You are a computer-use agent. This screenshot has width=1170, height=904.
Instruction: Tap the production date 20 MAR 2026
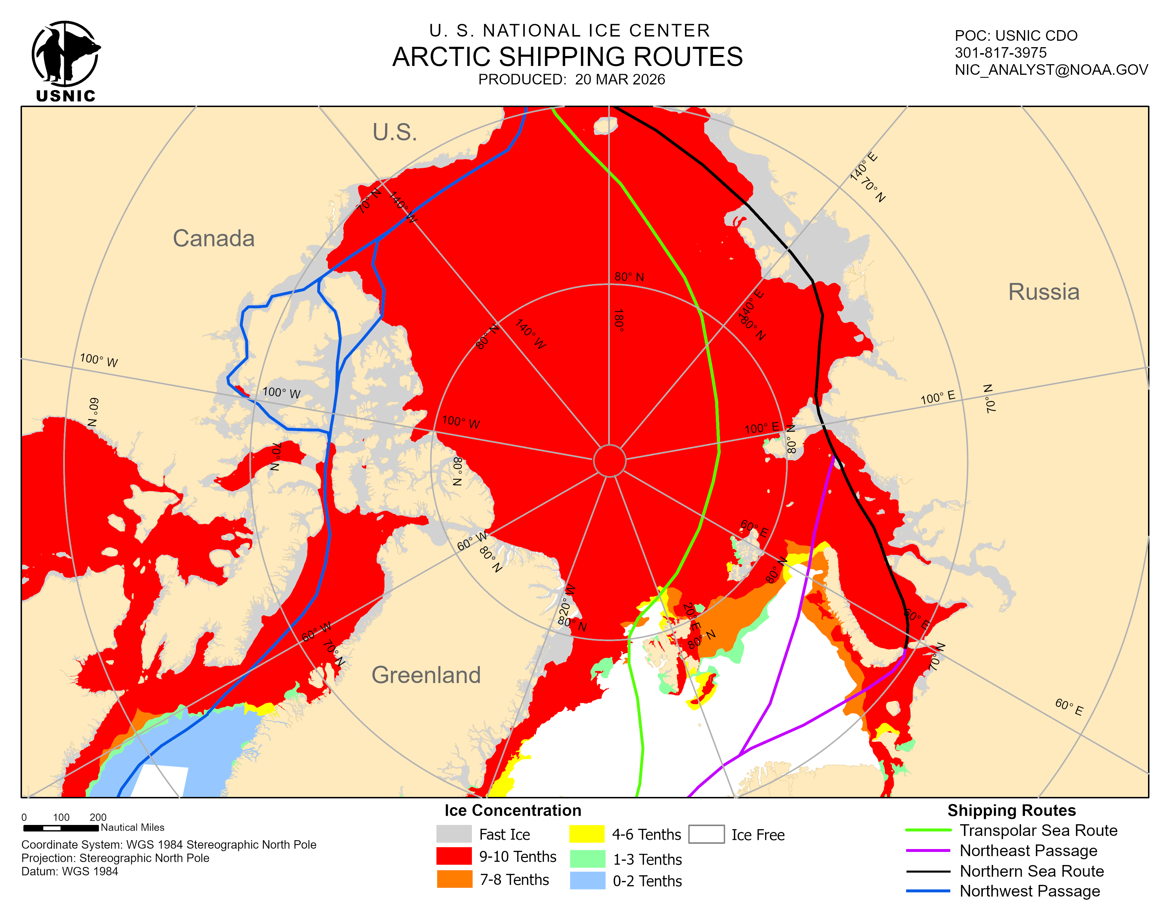620,80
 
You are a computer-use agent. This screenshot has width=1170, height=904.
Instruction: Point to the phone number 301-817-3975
1000,53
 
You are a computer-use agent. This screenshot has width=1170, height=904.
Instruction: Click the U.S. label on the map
395,132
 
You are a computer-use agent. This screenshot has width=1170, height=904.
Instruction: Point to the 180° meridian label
619,320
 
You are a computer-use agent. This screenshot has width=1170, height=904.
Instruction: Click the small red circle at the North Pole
609,461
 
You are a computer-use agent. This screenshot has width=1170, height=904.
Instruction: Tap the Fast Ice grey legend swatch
454,834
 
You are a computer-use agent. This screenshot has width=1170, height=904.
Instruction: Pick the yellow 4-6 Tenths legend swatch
587,834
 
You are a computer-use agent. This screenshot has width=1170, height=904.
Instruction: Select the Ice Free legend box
706,834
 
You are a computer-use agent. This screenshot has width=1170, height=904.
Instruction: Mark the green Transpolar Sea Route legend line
928,830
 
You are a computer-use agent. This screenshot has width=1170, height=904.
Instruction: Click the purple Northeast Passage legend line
928,850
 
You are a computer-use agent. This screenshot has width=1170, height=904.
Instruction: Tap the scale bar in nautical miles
61,828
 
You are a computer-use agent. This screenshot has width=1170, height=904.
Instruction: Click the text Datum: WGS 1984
69,871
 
